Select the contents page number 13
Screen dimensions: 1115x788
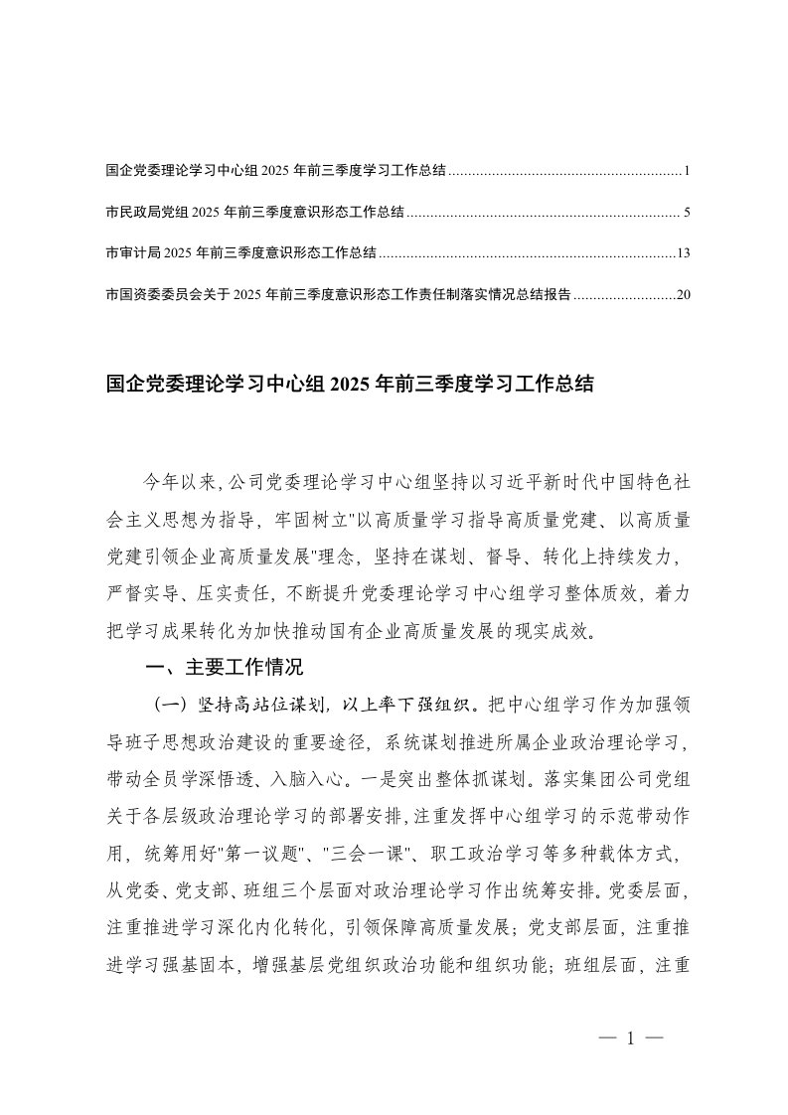coord(683,253)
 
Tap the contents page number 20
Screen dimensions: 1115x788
coord(683,294)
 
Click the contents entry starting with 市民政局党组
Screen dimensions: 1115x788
coord(254,213)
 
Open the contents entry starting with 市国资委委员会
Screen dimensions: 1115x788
coord(338,294)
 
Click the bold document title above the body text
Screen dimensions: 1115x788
coord(349,384)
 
